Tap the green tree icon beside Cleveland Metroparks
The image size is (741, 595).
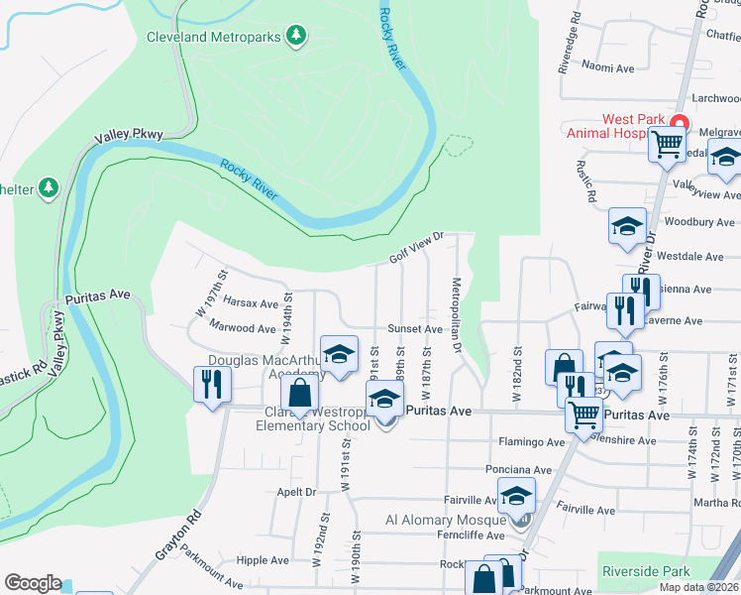pyautogui.click(x=295, y=37)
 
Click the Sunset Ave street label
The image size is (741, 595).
pyautogui.click(x=414, y=328)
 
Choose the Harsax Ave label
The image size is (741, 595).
pyautogui.click(x=251, y=302)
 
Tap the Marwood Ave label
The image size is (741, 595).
pyautogui.click(x=243, y=328)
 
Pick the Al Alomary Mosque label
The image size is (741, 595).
pyautogui.click(x=445, y=520)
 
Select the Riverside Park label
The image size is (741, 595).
pyautogui.click(x=645, y=572)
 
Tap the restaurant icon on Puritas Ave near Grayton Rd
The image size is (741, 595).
pyautogui.click(x=212, y=383)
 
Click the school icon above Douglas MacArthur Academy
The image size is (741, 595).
pyautogui.click(x=339, y=355)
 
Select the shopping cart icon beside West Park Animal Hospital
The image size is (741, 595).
pyautogui.click(x=666, y=145)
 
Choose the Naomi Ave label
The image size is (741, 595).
pyautogui.click(x=607, y=67)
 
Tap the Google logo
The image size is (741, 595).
pyautogui.click(x=33, y=583)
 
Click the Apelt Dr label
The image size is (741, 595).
pyautogui.click(x=296, y=491)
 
